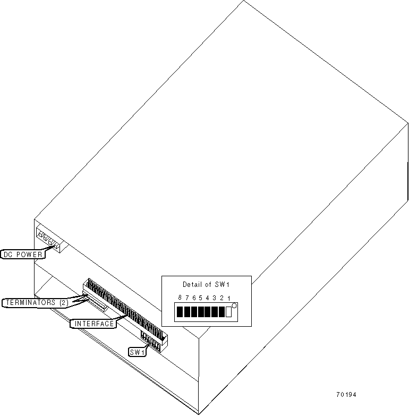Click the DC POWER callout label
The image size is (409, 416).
click(22, 254)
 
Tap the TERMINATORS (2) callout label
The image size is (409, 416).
click(37, 302)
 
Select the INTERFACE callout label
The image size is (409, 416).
click(93, 324)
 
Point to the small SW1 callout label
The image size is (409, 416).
click(137, 352)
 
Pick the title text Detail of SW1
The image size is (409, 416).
click(206, 284)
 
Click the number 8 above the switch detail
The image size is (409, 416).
click(180, 298)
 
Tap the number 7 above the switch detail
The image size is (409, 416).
click(187, 298)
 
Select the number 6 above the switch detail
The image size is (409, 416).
click(194, 298)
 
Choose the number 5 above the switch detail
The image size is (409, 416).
click(201, 298)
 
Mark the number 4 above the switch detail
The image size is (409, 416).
click(208, 298)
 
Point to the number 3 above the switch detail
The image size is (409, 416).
click(215, 298)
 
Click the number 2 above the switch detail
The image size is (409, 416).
click(221, 298)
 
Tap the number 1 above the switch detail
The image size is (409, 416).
click(228, 298)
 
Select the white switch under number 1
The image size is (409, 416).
click(229, 312)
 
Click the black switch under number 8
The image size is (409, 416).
click(180, 312)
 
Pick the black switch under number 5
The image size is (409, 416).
click(201, 312)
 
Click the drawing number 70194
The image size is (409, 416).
click(346, 395)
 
